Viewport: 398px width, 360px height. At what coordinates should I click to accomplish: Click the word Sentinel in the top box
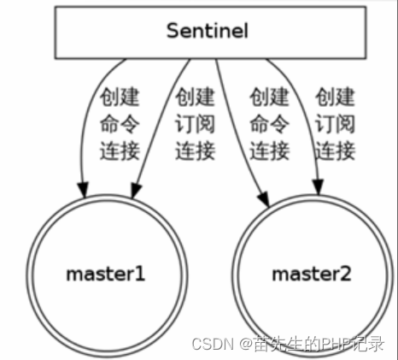click(208, 31)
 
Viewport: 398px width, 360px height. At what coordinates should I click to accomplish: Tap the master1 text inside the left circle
click(106, 274)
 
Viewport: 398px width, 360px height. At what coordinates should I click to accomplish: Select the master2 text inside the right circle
click(312, 274)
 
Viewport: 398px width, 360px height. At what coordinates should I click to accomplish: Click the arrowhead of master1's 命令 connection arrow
click(84, 190)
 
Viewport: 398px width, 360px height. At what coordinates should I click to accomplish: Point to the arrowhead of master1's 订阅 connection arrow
click(136, 191)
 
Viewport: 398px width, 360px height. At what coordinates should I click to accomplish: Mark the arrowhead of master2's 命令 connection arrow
click(264, 198)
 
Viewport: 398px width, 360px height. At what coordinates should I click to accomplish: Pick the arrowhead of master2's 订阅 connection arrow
click(319, 187)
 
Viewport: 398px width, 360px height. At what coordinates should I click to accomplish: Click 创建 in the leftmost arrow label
click(120, 97)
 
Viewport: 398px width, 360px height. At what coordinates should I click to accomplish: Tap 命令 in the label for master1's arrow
click(120, 124)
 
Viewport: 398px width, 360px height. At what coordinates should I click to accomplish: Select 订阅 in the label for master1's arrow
click(195, 124)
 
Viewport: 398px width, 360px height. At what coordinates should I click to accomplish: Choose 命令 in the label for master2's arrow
click(269, 124)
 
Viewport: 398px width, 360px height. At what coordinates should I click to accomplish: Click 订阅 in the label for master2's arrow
click(335, 124)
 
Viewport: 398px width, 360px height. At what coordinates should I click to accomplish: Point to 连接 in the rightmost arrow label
click(335, 150)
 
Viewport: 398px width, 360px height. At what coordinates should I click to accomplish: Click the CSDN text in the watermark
click(213, 344)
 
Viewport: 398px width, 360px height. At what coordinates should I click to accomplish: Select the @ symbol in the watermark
click(246, 344)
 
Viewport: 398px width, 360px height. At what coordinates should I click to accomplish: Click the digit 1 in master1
click(140, 274)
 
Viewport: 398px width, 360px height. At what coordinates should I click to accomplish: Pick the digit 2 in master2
click(346, 274)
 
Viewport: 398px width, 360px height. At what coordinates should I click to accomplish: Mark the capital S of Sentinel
click(172, 31)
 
